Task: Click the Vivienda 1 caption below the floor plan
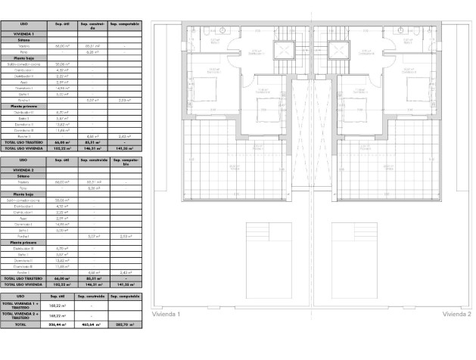(167, 312)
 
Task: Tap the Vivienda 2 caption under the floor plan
(456, 312)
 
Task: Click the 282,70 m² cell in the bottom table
(123, 324)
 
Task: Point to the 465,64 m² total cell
(92, 324)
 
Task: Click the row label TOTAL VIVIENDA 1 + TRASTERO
(21, 305)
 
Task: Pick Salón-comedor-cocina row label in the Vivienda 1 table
(23, 65)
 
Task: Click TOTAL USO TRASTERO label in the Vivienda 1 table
(23, 141)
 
